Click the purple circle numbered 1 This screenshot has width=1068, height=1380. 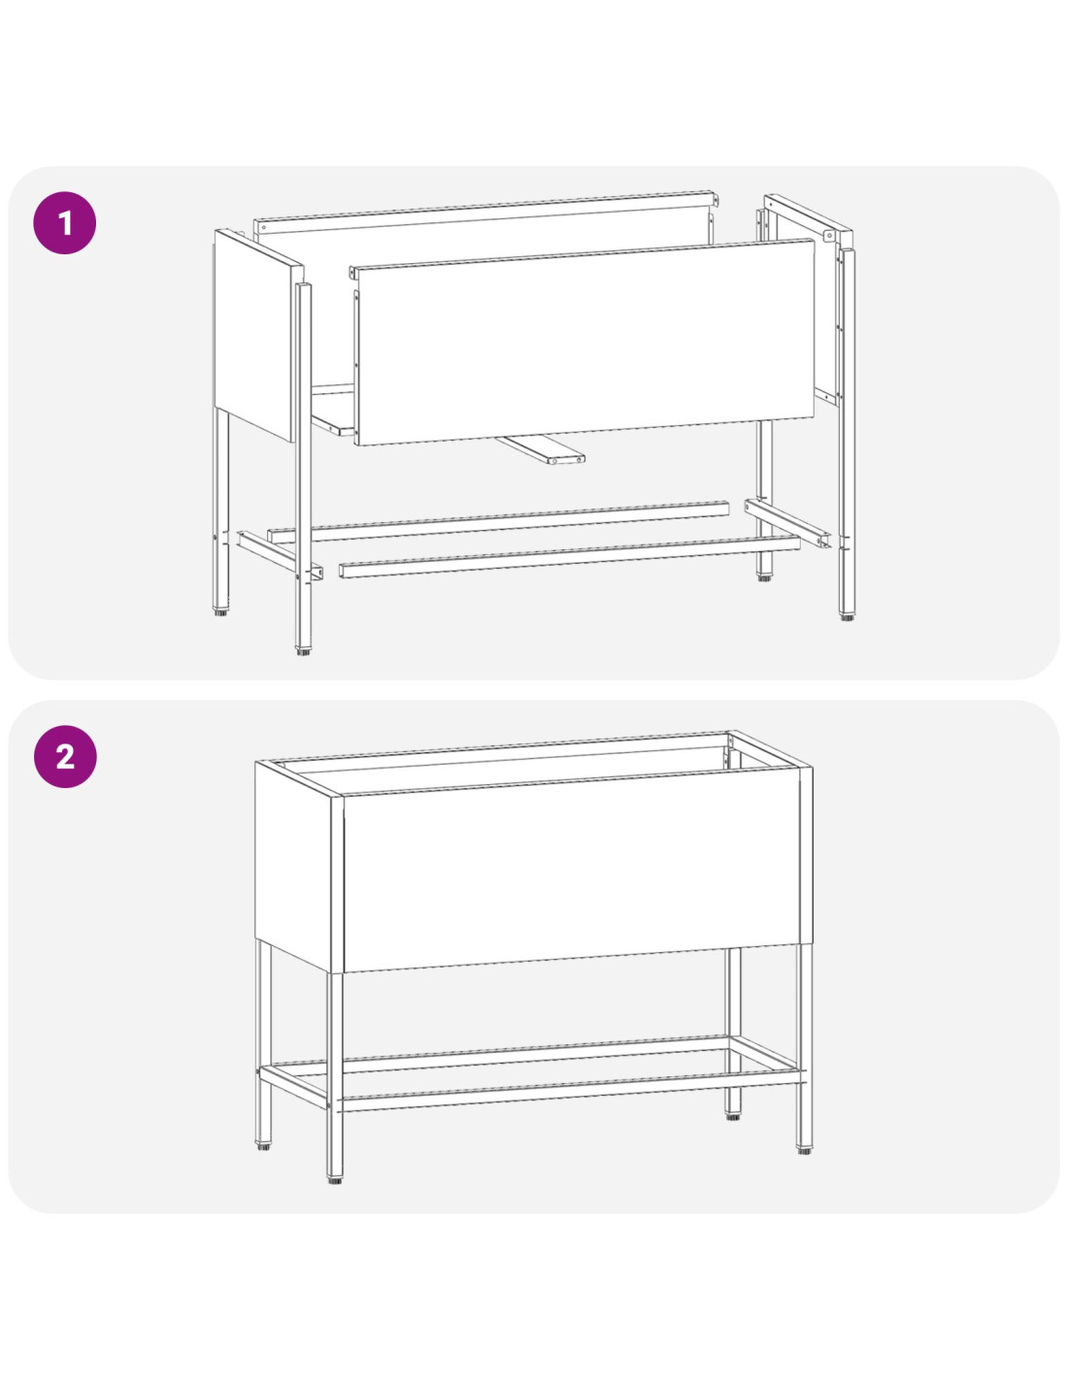coord(65,223)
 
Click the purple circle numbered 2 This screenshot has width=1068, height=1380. coord(65,756)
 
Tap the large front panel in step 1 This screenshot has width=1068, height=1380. coord(584,342)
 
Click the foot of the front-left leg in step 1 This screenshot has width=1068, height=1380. coord(303,651)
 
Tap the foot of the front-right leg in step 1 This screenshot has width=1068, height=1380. coord(847,616)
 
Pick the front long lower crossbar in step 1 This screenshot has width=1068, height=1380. coord(569,557)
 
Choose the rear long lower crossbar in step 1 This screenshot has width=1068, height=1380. coord(498,522)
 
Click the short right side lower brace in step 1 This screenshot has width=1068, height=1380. coord(787,523)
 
